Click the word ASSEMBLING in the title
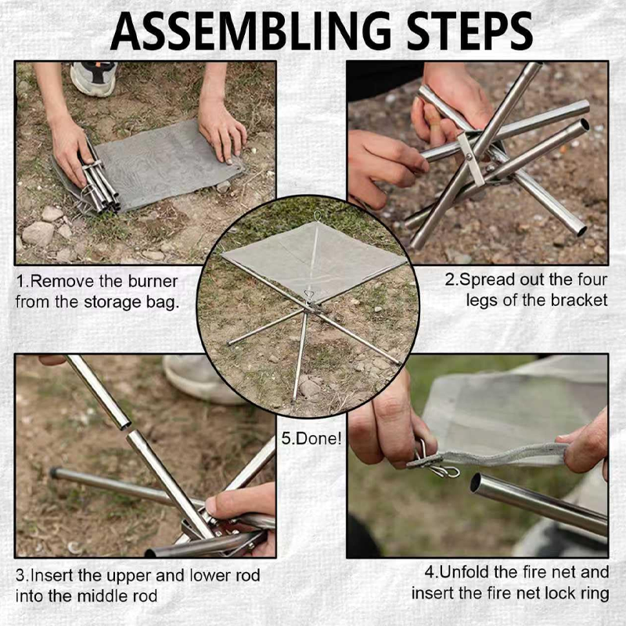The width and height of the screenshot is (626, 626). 250,31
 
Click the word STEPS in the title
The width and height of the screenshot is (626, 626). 469,31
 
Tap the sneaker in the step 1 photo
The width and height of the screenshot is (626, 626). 93,77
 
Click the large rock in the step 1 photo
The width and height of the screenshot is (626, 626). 38,233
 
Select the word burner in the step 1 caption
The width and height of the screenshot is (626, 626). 153,282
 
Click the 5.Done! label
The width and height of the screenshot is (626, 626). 311,438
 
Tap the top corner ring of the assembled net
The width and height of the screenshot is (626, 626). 317,217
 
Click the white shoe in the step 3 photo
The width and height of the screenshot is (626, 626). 200,377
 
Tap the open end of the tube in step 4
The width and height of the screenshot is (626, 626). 477,483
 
